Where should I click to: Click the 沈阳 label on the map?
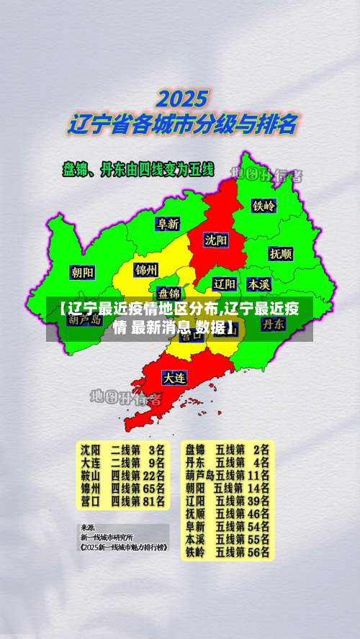215,239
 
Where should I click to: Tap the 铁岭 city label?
264,205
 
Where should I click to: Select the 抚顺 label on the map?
281,253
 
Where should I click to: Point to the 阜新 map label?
168,224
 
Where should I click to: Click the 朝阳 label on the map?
82,272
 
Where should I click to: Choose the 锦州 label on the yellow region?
145,270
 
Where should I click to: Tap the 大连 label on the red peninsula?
174,376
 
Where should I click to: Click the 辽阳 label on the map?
225,283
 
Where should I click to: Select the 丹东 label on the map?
273,324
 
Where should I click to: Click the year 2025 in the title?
183,97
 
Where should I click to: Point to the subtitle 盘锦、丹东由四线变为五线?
138,170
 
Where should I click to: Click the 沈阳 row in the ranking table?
123,448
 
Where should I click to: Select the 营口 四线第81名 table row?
123,500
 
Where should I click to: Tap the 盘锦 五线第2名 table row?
228,448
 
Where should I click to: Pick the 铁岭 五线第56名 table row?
228,552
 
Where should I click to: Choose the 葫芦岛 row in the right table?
228,474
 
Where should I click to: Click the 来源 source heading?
86,526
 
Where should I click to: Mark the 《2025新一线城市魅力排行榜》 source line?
123,548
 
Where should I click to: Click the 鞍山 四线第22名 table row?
123,474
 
